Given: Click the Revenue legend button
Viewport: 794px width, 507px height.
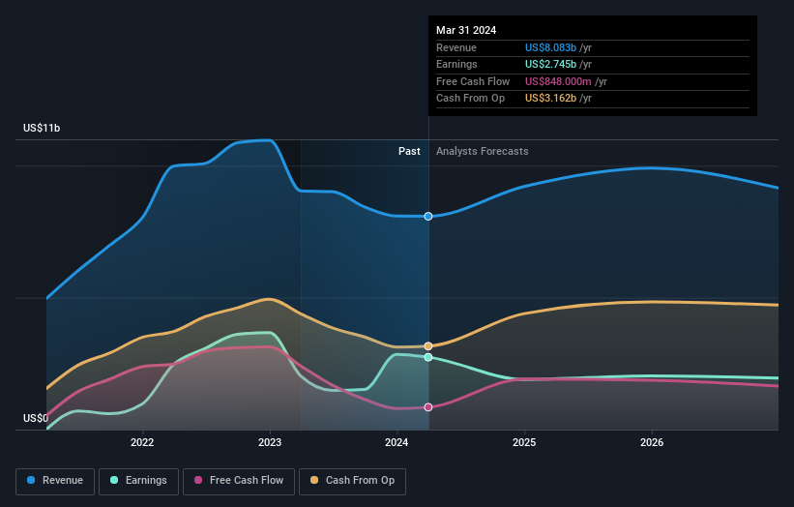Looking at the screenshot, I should (x=56, y=480).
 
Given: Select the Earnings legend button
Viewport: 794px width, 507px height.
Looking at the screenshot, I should (x=138, y=480).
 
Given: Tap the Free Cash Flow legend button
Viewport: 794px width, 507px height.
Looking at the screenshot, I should (x=239, y=480).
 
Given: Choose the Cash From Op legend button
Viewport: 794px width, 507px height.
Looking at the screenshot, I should (x=354, y=480).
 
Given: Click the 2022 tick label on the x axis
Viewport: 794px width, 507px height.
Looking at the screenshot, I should (x=143, y=443).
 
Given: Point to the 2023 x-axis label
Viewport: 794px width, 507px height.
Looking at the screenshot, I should (x=270, y=443).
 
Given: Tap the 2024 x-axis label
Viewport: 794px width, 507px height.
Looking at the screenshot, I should (x=397, y=443).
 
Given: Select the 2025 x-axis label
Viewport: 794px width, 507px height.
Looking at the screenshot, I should (x=524, y=443).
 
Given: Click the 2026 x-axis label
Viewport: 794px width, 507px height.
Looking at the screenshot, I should (x=652, y=443).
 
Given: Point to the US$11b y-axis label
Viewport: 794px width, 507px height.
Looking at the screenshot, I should (x=42, y=129).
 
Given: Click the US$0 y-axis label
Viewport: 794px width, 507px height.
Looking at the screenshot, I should (x=37, y=419).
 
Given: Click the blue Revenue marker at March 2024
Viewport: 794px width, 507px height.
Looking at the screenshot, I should (x=427, y=217).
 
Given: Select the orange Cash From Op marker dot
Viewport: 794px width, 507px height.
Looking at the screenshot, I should (x=427, y=345).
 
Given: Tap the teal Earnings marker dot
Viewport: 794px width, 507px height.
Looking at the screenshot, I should (x=427, y=357).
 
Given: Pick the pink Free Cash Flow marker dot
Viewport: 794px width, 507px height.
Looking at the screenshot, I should (x=427, y=407).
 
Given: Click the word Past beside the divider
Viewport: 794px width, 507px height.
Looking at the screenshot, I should (x=409, y=151).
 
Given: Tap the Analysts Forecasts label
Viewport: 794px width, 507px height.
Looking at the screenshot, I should (x=483, y=151).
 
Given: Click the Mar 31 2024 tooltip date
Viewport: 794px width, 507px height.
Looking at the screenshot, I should (x=466, y=30).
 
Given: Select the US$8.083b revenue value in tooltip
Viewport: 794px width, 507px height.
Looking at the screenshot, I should (x=550, y=47).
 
